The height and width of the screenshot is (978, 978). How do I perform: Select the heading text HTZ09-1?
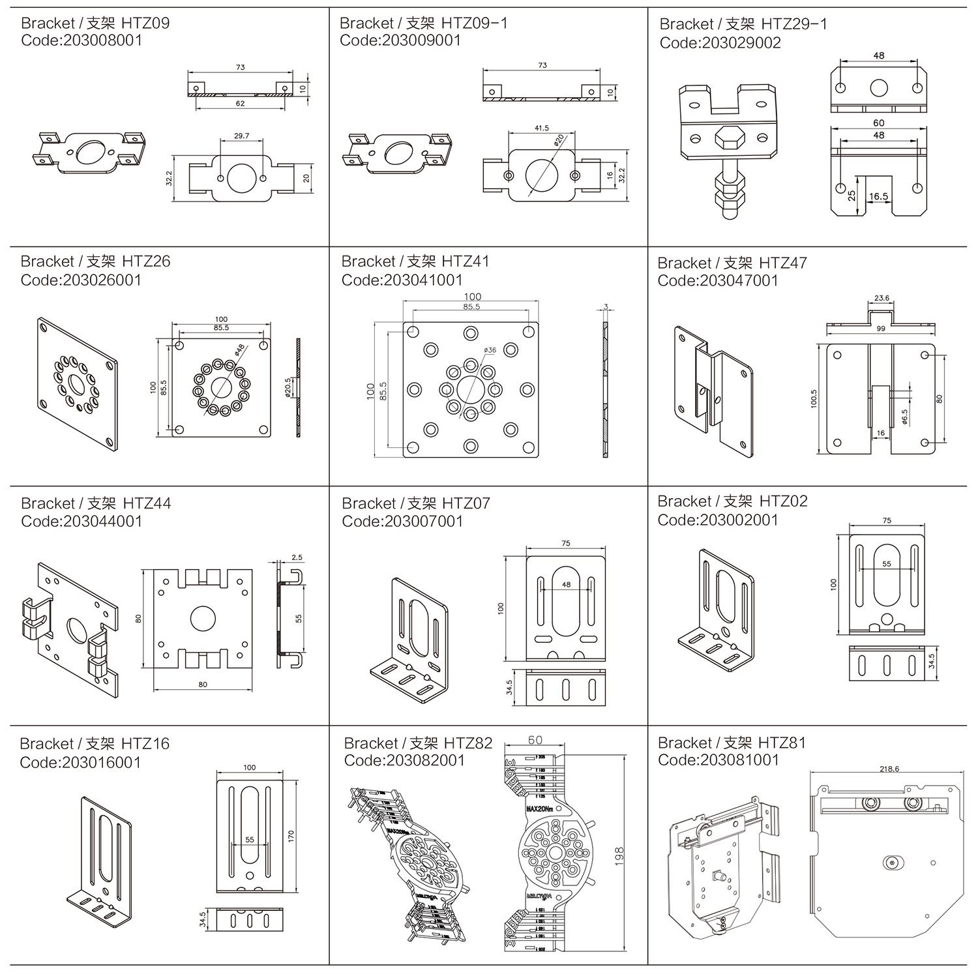(x=475, y=23)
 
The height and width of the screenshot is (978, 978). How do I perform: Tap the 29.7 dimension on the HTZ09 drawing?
(x=241, y=136)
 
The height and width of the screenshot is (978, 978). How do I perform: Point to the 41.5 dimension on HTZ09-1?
(x=541, y=128)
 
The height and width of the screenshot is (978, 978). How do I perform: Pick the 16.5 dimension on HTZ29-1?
(x=879, y=196)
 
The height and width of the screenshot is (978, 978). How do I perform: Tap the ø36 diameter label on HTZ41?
(x=490, y=350)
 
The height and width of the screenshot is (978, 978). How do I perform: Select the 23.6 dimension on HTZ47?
(x=882, y=299)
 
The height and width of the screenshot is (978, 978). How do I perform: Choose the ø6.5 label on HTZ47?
(x=904, y=416)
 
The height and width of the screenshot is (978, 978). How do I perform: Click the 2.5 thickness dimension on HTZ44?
(x=297, y=557)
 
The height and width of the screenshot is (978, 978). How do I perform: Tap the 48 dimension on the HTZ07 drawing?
(x=566, y=584)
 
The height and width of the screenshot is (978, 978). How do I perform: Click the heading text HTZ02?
(x=784, y=501)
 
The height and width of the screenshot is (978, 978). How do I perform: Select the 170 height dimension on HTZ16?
(x=291, y=835)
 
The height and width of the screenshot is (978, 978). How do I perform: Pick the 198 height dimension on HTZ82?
(x=619, y=855)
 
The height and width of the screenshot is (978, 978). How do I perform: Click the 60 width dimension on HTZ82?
(x=535, y=741)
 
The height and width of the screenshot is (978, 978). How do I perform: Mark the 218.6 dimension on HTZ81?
(x=889, y=769)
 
